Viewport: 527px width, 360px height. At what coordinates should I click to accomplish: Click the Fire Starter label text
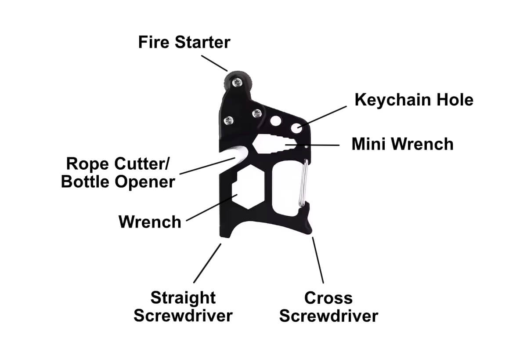click(x=184, y=43)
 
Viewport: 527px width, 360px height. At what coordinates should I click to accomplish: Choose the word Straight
click(x=183, y=298)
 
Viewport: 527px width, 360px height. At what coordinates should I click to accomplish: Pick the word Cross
click(x=328, y=298)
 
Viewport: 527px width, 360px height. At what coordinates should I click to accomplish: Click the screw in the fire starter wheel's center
click(x=237, y=81)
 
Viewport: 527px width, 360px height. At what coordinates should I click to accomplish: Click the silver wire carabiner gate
click(x=303, y=182)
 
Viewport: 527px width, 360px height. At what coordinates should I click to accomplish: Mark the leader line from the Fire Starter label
click(x=215, y=62)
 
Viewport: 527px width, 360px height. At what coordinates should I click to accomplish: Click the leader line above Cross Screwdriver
click(x=318, y=260)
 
